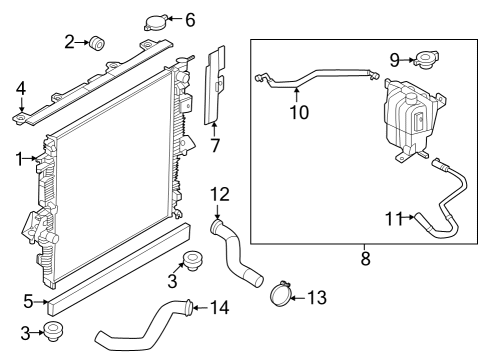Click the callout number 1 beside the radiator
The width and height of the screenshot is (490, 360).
pyautogui.click(x=20, y=158)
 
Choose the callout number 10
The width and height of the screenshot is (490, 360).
pyautogui.click(x=298, y=112)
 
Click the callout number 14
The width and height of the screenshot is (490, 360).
pyautogui.click(x=220, y=306)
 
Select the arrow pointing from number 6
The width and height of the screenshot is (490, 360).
pyautogui.click(x=172, y=19)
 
